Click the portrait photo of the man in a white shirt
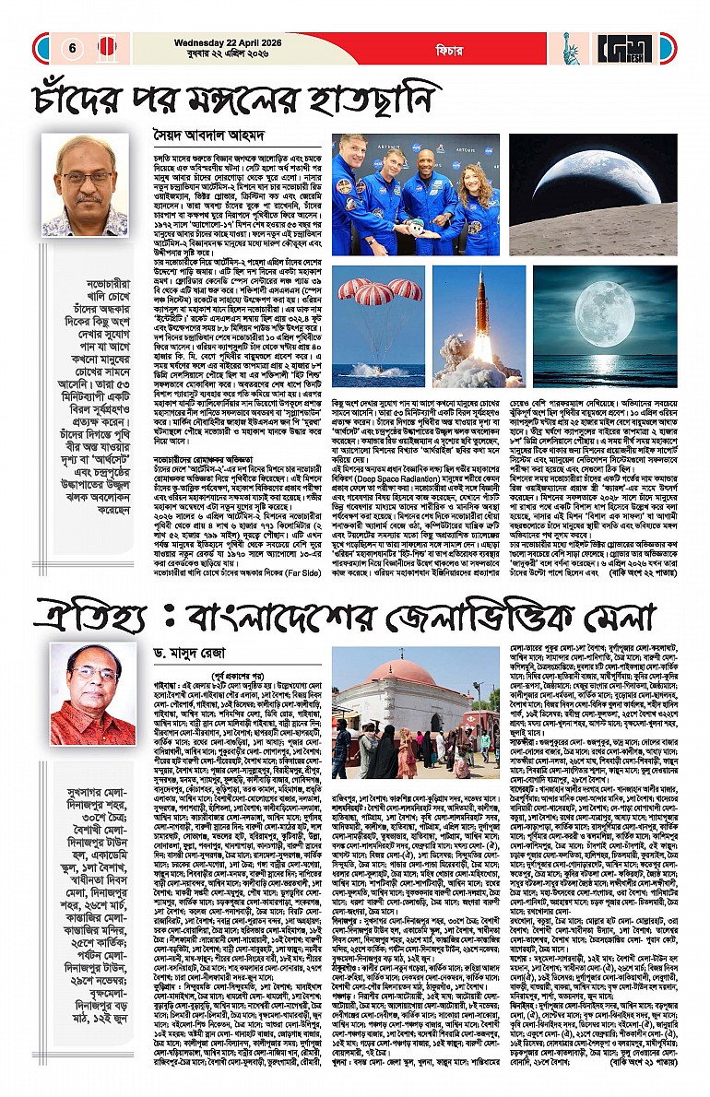point(85,184)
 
